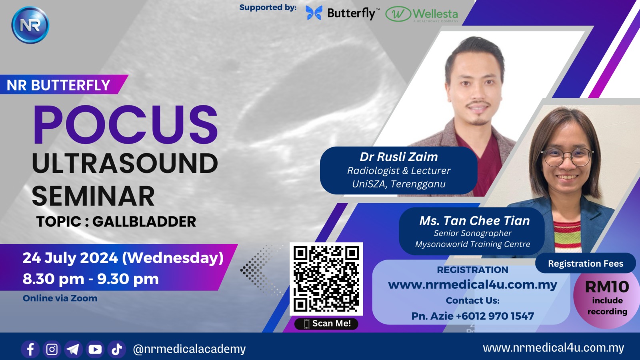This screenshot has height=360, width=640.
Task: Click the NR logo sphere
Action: coord(30,25)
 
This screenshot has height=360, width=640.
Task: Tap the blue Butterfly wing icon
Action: coord(314,13)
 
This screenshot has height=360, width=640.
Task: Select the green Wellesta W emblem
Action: coord(398,14)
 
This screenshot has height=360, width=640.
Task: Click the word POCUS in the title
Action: coord(126,124)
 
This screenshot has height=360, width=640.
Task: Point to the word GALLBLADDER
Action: coord(144,222)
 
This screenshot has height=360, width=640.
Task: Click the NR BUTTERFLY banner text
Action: coord(58,85)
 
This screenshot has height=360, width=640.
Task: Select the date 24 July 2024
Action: coord(70,258)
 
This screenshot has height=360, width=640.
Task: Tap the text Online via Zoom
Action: coord(60,298)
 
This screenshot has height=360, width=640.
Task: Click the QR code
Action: coord(326,279)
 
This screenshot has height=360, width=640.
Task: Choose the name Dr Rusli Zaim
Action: coord(398,156)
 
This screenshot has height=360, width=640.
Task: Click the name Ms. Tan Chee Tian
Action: coord(474,220)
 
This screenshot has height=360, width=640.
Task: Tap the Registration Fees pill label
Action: coord(586,264)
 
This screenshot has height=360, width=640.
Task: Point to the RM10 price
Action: coord(607,286)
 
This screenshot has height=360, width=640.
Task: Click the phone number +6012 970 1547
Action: coord(495,316)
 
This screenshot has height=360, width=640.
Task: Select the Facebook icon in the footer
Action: coord(30,349)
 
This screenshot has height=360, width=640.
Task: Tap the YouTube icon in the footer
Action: coord(95,349)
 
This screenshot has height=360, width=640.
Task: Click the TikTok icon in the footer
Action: coord(116,349)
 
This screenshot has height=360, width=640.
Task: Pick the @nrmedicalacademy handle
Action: coord(189,349)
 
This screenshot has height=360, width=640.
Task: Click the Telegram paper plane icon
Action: coord(74,349)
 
